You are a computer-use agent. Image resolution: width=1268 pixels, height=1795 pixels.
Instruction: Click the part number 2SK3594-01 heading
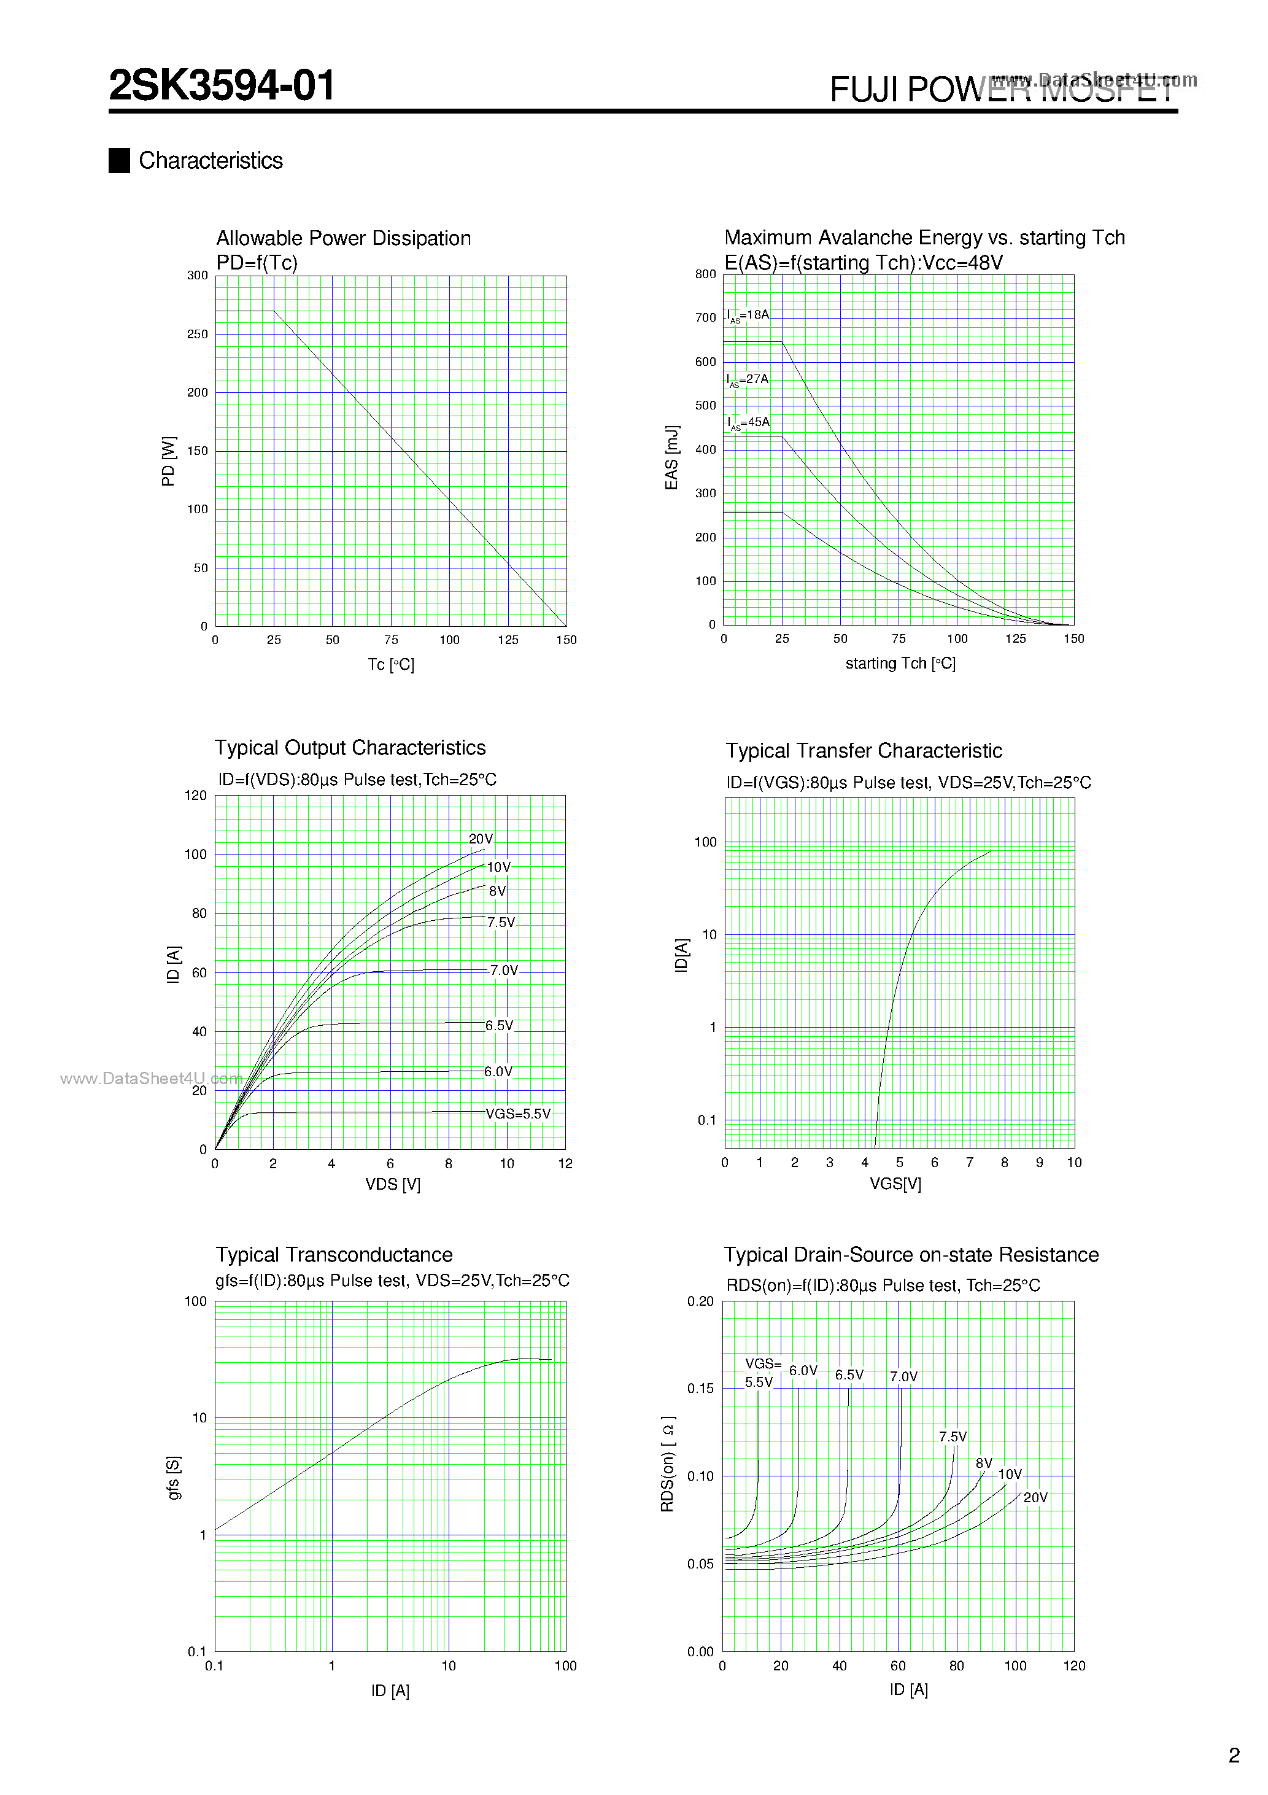[x=222, y=85]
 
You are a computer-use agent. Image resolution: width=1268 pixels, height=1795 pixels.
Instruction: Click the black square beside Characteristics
[x=119, y=160]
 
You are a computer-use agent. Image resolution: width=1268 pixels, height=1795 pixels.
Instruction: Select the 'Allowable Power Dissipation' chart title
[x=343, y=238]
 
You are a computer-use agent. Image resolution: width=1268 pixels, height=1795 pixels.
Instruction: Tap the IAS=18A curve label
[x=748, y=315]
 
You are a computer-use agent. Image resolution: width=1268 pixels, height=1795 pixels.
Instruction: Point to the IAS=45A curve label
[x=748, y=422]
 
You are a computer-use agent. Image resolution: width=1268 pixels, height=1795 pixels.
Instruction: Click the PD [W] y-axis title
[x=168, y=461]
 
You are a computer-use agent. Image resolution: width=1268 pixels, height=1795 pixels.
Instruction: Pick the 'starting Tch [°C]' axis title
[x=900, y=663]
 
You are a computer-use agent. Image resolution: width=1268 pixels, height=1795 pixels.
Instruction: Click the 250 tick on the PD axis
[x=197, y=334]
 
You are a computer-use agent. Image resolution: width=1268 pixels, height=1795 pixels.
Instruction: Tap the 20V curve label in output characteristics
[x=481, y=839]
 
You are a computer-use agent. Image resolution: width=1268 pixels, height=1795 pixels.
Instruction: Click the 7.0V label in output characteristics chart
[x=503, y=970]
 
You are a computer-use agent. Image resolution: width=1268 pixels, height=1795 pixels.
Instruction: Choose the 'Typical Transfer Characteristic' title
[x=863, y=751]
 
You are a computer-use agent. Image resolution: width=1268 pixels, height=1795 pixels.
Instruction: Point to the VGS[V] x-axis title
[x=895, y=1184]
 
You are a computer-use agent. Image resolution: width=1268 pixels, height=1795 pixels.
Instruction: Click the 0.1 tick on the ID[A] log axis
[x=706, y=1120]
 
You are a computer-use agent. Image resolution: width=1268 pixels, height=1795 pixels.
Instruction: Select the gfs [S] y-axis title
[x=174, y=1478]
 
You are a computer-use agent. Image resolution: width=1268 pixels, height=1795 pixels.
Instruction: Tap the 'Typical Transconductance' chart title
[x=334, y=1255]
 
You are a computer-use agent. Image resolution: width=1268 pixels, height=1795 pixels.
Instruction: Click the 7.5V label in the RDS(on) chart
[x=952, y=1437]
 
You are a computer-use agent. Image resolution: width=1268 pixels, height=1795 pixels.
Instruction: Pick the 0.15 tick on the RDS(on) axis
[x=700, y=1389]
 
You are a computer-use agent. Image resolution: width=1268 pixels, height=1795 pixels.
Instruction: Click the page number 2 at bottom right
[x=1234, y=1756]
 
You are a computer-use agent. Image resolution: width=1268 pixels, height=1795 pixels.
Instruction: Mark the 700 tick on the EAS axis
[x=705, y=317]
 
